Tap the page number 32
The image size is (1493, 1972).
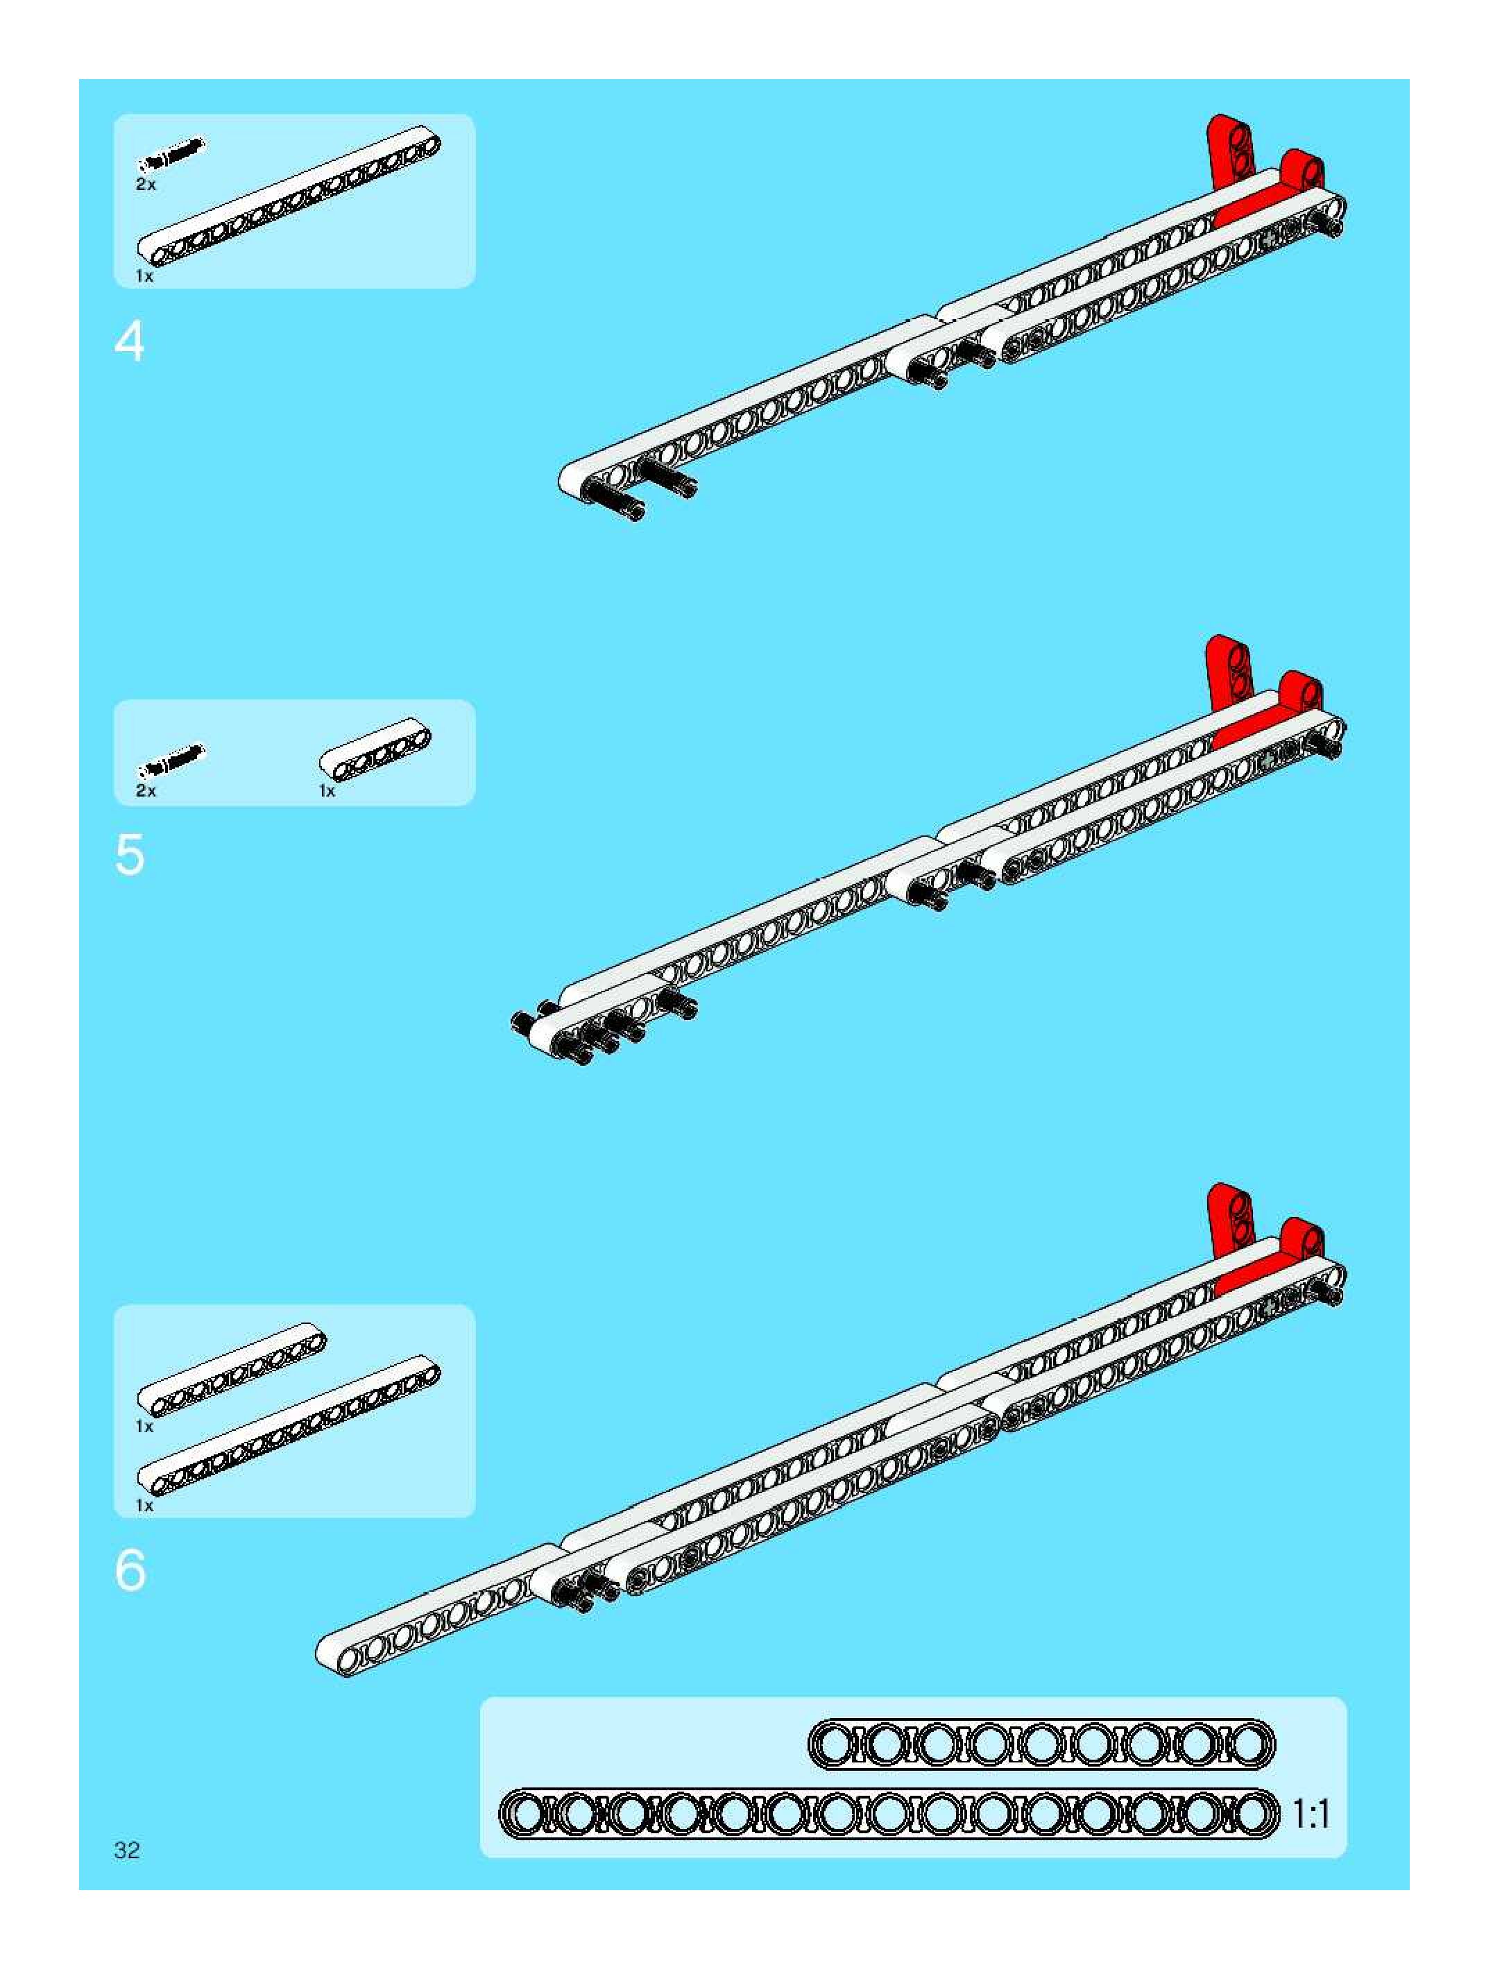click(x=126, y=1850)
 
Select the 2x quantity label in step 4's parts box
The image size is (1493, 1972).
click(x=145, y=185)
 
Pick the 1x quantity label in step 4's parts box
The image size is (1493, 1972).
click(x=144, y=276)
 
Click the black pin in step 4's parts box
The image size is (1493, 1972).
click(x=171, y=153)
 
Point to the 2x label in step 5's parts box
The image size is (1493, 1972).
click(x=145, y=791)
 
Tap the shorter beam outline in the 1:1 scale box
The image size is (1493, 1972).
click(x=1041, y=1744)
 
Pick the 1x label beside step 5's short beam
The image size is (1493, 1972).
click(x=327, y=791)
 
